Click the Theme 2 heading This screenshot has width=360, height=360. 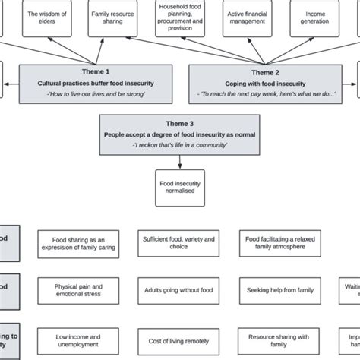pyautogui.click(x=263, y=71)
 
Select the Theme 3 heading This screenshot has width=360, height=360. pyautogui.click(x=180, y=122)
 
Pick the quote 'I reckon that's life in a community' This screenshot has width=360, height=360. pyautogui.click(x=180, y=144)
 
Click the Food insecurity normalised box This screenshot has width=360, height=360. pyautogui.click(x=180, y=186)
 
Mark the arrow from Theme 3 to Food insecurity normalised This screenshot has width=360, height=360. pyautogui.click(x=180, y=161)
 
